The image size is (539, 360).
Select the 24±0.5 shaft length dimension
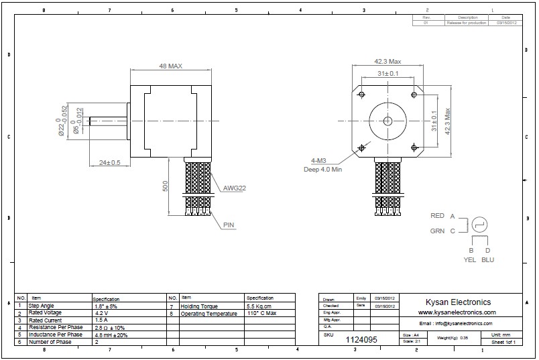(x=109, y=162)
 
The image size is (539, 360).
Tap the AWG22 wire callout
(x=233, y=188)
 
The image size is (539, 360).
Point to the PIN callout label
(x=229, y=225)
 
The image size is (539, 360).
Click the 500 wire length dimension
(x=166, y=186)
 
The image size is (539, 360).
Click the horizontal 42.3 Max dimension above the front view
(x=387, y=62)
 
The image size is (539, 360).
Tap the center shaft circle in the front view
(x=387, y=121)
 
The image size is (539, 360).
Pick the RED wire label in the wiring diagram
(x=437, y=216)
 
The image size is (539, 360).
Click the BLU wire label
(x=489, y=259)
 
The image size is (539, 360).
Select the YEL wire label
(x=470, y=259)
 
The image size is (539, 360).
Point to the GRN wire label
(x=437, y=231)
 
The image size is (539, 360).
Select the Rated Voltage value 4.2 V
(x=101, y=313)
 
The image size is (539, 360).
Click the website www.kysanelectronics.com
(x=457, y=312)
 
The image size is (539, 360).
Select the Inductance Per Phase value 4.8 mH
(x=110, y=335)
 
